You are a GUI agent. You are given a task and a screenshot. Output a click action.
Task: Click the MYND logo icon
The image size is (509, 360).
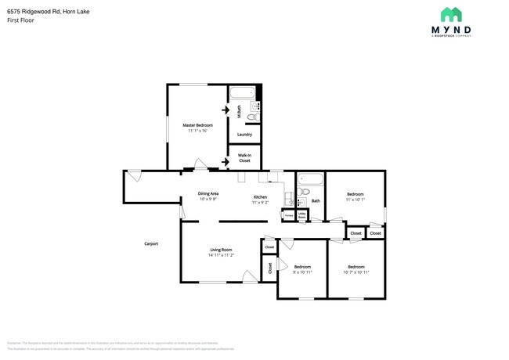(449, 14)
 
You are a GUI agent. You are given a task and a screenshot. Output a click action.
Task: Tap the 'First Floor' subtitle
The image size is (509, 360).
(20, 21)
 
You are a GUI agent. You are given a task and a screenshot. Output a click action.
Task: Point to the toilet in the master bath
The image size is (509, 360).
(251, 117)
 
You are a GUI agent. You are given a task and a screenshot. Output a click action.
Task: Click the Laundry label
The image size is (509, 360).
(244, 134)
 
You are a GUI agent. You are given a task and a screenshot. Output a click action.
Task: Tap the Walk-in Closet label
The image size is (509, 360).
(244, 158)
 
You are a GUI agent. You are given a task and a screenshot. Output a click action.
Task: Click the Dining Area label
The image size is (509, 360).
(208, 193)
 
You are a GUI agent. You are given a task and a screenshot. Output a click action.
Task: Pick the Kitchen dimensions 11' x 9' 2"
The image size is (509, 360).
(260, 203)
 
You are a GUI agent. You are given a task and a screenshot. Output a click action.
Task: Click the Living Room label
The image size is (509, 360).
(221, 250)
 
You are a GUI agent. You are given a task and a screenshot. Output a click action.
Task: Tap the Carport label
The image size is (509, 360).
(151, 243)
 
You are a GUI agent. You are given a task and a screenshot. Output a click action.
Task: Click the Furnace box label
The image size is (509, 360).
(288, 214)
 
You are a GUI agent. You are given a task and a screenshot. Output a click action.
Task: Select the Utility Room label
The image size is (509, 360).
(302, 214)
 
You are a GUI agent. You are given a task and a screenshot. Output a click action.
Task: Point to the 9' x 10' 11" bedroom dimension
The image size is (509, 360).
(302, 272)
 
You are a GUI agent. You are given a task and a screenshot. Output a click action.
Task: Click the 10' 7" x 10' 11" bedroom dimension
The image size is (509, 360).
(356, 272)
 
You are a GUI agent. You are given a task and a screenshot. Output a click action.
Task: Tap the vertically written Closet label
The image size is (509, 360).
(270, 268)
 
